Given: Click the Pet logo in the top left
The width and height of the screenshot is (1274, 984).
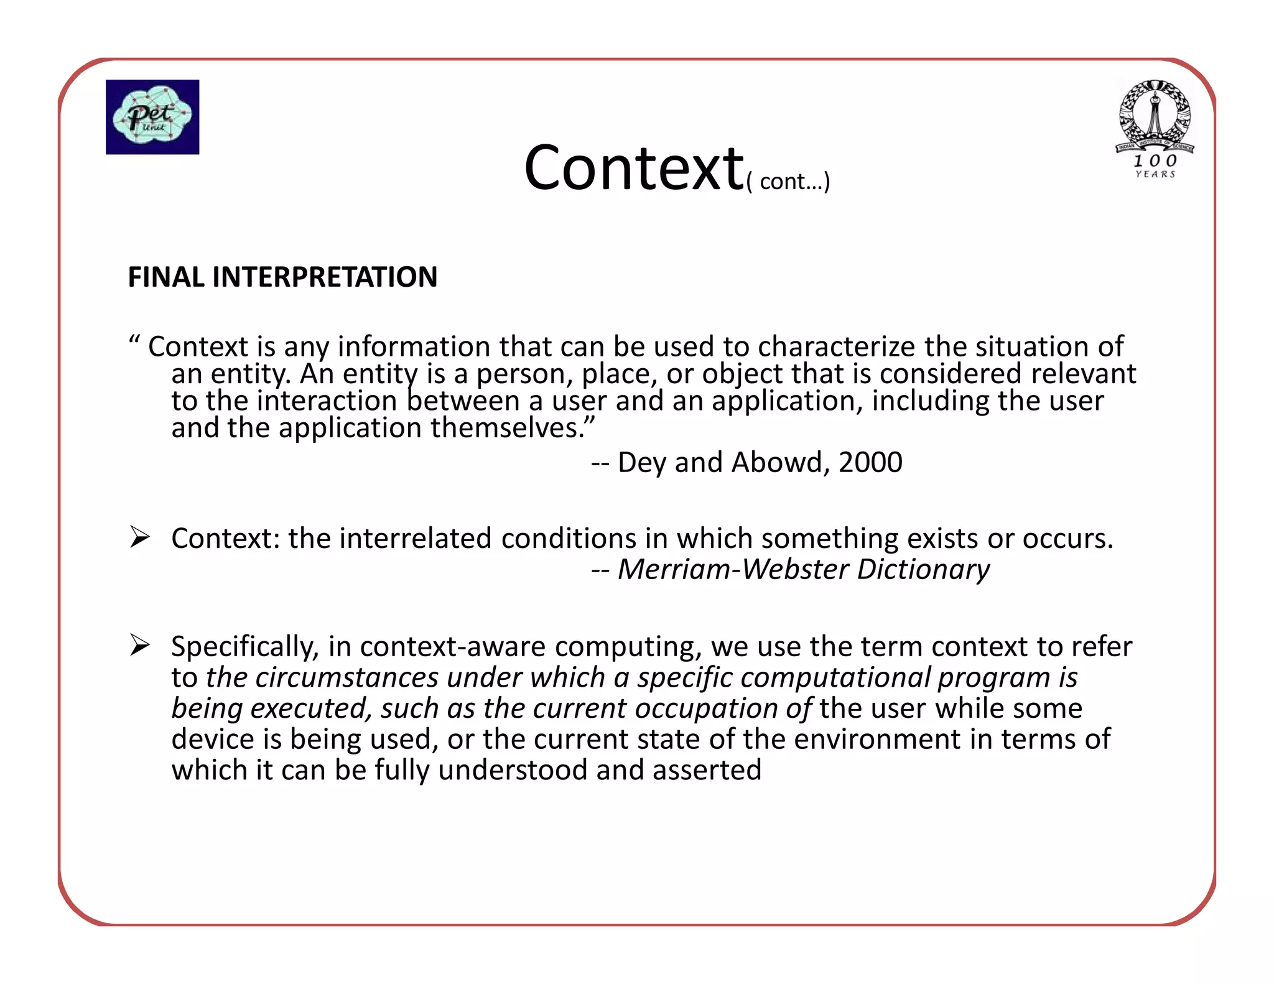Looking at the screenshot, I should tap(152, 117).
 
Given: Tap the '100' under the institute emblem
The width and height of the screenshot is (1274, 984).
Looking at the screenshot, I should tap(1155, 160).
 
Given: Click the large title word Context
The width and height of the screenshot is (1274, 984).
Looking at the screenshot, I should tap(633, 168).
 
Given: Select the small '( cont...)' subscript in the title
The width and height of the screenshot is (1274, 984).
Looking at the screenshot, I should tap(788, 182).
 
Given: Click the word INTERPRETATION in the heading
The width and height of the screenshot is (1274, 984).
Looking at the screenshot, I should tap(325, 277).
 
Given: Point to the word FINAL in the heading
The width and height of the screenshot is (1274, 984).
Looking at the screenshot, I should tap(166, 277).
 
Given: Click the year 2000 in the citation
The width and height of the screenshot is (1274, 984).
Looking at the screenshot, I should tap(870, 462).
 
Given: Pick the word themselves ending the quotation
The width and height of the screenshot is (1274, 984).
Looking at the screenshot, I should tap(507, 428).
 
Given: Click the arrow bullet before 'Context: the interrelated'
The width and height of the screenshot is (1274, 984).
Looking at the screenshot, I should tap(140, 537).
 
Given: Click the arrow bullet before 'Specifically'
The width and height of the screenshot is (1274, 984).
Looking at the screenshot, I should tap(140, 645).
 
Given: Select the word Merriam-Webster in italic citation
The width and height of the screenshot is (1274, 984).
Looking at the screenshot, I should tap(733, 569).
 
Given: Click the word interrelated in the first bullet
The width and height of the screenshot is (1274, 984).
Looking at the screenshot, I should tap(416, 538).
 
